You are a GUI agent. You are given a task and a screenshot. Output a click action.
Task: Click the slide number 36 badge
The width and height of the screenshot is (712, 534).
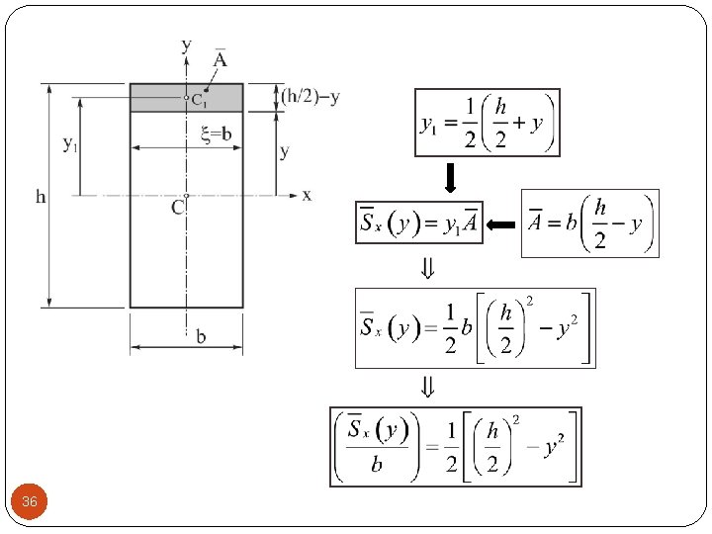[x=30, y=502]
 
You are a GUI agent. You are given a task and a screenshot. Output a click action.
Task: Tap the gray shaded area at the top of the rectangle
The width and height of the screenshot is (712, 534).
[x=158, y=97]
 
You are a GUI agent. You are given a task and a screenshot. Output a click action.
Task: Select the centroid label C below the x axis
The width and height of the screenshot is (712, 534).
[x=177, y=208]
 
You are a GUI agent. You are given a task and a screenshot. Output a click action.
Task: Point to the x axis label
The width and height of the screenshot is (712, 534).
[x=307, y=195]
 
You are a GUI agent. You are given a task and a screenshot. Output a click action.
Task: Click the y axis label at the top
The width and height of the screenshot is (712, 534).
[x=186, y=44]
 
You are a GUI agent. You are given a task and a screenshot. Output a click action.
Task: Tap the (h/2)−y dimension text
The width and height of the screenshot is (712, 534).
[x=311, y=96]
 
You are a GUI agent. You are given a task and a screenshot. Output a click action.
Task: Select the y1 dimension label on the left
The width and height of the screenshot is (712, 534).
[x=70, y=145]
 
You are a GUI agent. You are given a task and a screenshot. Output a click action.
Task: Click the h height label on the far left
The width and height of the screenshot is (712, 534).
[x=41, y=196]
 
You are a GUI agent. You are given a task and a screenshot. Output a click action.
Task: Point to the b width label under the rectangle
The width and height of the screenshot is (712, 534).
[x=201, y=337]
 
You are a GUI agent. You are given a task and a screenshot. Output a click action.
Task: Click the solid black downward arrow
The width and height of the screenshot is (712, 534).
[x=449, y=178]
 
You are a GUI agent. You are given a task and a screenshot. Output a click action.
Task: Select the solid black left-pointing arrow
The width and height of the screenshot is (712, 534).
[x=501, y=225]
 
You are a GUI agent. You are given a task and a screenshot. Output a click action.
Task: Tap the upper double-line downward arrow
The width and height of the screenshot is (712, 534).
[x=426, y=268]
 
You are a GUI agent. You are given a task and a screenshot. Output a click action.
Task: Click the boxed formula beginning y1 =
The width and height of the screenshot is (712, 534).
[x=488, y=123]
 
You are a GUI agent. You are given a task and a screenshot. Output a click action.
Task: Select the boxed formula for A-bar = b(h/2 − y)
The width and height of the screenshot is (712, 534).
[x=589, y=223]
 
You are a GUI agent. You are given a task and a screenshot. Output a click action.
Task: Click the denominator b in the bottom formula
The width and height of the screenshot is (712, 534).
[x=376, y=465]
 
